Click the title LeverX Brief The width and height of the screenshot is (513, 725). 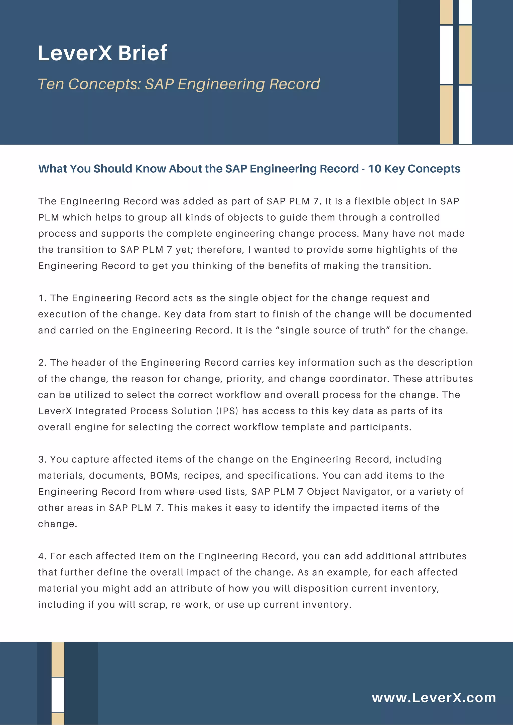(102, 53)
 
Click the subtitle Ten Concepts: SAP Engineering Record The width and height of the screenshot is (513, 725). (179, 84)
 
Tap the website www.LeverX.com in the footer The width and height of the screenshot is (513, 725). (434, 697)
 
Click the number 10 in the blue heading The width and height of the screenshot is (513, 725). (374, 169)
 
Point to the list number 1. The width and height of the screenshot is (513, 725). (42, 298)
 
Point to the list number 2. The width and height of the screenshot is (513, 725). (42, 362)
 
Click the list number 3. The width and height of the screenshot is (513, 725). (42, 459)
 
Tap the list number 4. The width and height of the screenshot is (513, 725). (42, 556)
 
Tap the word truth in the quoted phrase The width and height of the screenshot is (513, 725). (373, 330)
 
